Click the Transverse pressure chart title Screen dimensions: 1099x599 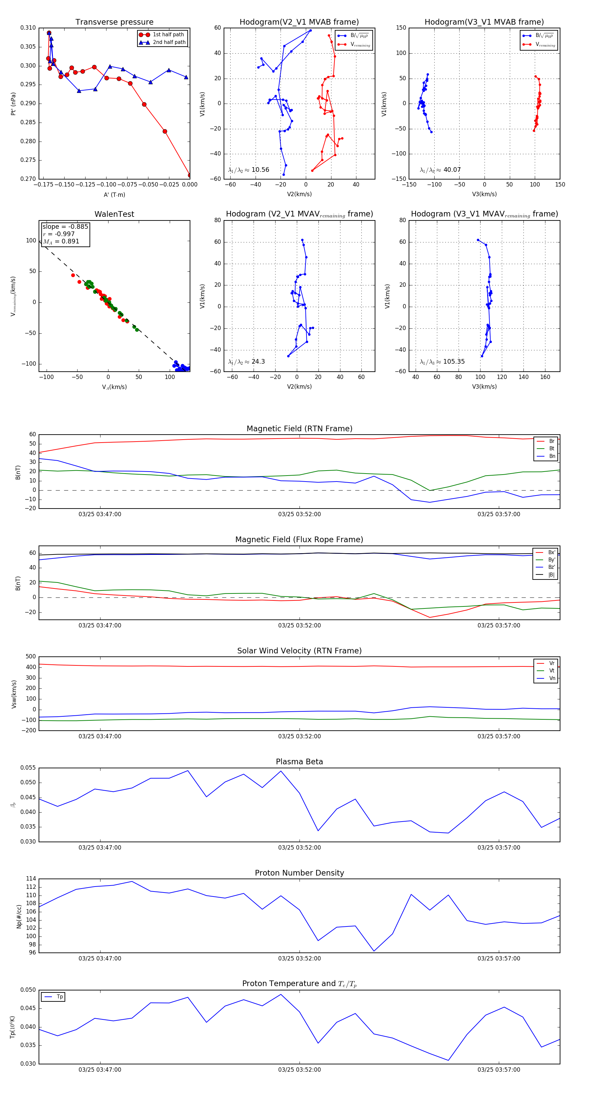click(114, 22)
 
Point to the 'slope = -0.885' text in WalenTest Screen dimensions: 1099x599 click(65, 226)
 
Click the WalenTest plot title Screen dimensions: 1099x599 click(114, 214)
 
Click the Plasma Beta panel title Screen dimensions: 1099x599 click(299, 762)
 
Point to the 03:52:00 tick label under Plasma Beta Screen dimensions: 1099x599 click(299, 847)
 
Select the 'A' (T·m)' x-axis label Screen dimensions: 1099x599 click(114, 195)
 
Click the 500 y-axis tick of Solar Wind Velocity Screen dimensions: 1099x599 click(31, 657)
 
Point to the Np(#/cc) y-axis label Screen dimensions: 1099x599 click(19, 916)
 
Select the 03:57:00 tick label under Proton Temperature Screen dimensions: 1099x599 click(499, 1070)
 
